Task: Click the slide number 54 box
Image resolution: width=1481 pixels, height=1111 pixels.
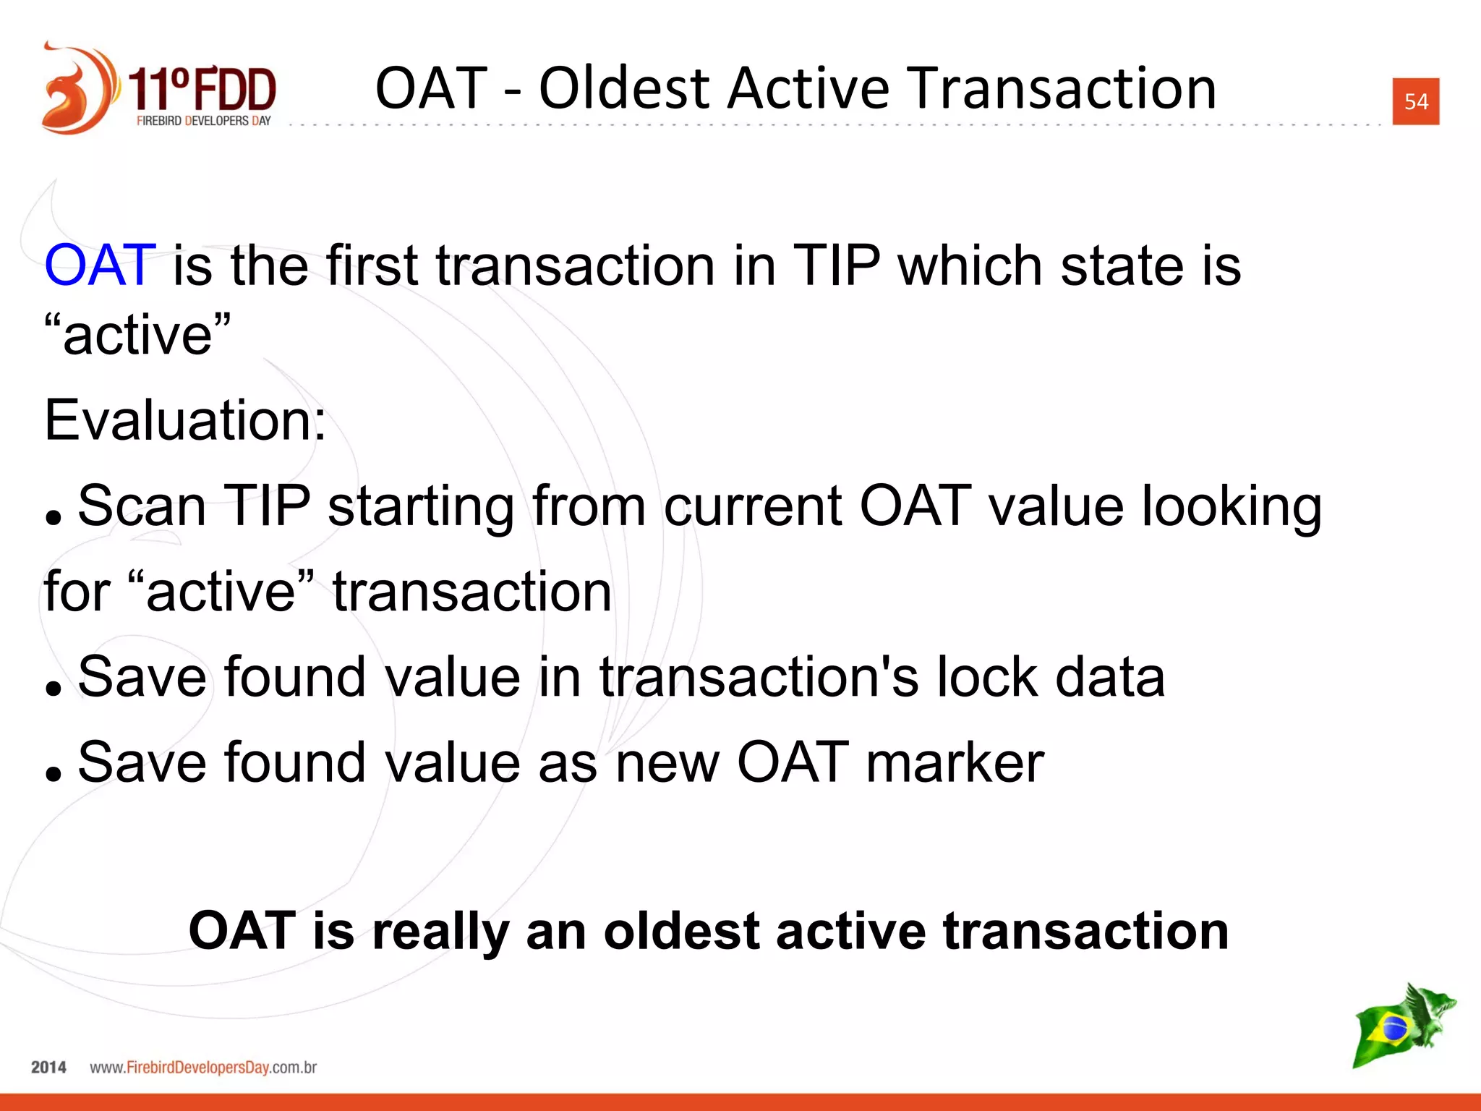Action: point(1415,101)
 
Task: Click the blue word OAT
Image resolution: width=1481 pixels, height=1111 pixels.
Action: point(100,265)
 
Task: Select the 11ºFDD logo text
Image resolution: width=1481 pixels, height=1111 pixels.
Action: point(202,88)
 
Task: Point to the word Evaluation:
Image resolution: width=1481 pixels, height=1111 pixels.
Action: point(185,420)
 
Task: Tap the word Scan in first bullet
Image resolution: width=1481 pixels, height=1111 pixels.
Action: point(142,506)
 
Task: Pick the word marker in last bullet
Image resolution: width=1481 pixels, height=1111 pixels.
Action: point(955,762)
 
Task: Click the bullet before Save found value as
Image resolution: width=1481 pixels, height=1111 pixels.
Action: point(53,773)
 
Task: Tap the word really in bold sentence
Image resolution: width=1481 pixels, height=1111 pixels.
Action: point(440,932)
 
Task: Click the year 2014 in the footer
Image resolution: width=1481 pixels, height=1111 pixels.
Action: point(48,1068)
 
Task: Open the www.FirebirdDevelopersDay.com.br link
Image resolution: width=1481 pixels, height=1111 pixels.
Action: point(203,1068)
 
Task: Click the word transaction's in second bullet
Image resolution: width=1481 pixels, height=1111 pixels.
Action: point(759,677)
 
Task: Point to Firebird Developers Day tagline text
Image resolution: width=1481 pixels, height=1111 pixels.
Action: point(203,121)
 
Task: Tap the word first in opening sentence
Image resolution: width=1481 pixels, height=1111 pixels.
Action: point(372,265)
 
